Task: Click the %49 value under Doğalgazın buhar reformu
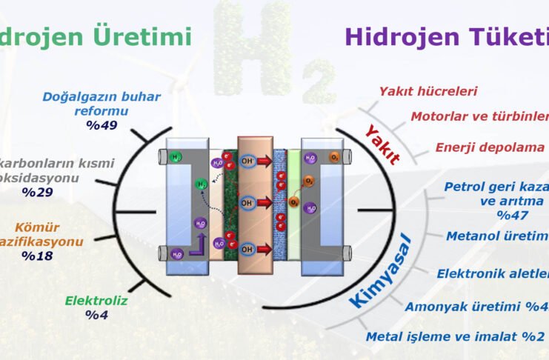click(102, 125)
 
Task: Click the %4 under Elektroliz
click(96, 315)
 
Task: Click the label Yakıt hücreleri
click(428, 91)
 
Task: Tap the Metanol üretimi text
click(496, 236)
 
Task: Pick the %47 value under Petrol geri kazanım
click(511, 215)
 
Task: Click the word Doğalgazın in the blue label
click(81, 97)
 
